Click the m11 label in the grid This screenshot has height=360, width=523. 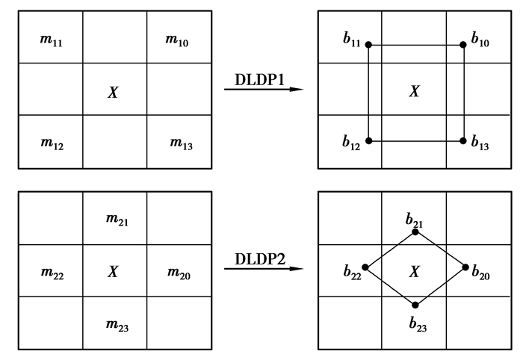coord(50,37)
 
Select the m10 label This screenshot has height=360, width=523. coord(177,37)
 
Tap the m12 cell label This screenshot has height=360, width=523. coord(51,143)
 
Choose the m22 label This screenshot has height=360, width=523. coord(51,273)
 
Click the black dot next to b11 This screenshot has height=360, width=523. coord(369,45)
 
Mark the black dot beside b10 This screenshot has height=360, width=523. coord(464,44)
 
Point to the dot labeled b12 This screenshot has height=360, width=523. coord(369,141)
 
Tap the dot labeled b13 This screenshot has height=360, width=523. coord(464,141)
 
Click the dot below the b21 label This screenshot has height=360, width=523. coord(415,231)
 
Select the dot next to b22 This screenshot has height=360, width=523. coord(365,267)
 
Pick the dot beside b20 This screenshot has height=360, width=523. coord(465,267)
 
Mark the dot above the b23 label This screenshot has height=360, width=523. coord(415,305)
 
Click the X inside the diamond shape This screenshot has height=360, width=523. coord(415,272)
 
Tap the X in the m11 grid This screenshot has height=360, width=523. coord(114,92)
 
